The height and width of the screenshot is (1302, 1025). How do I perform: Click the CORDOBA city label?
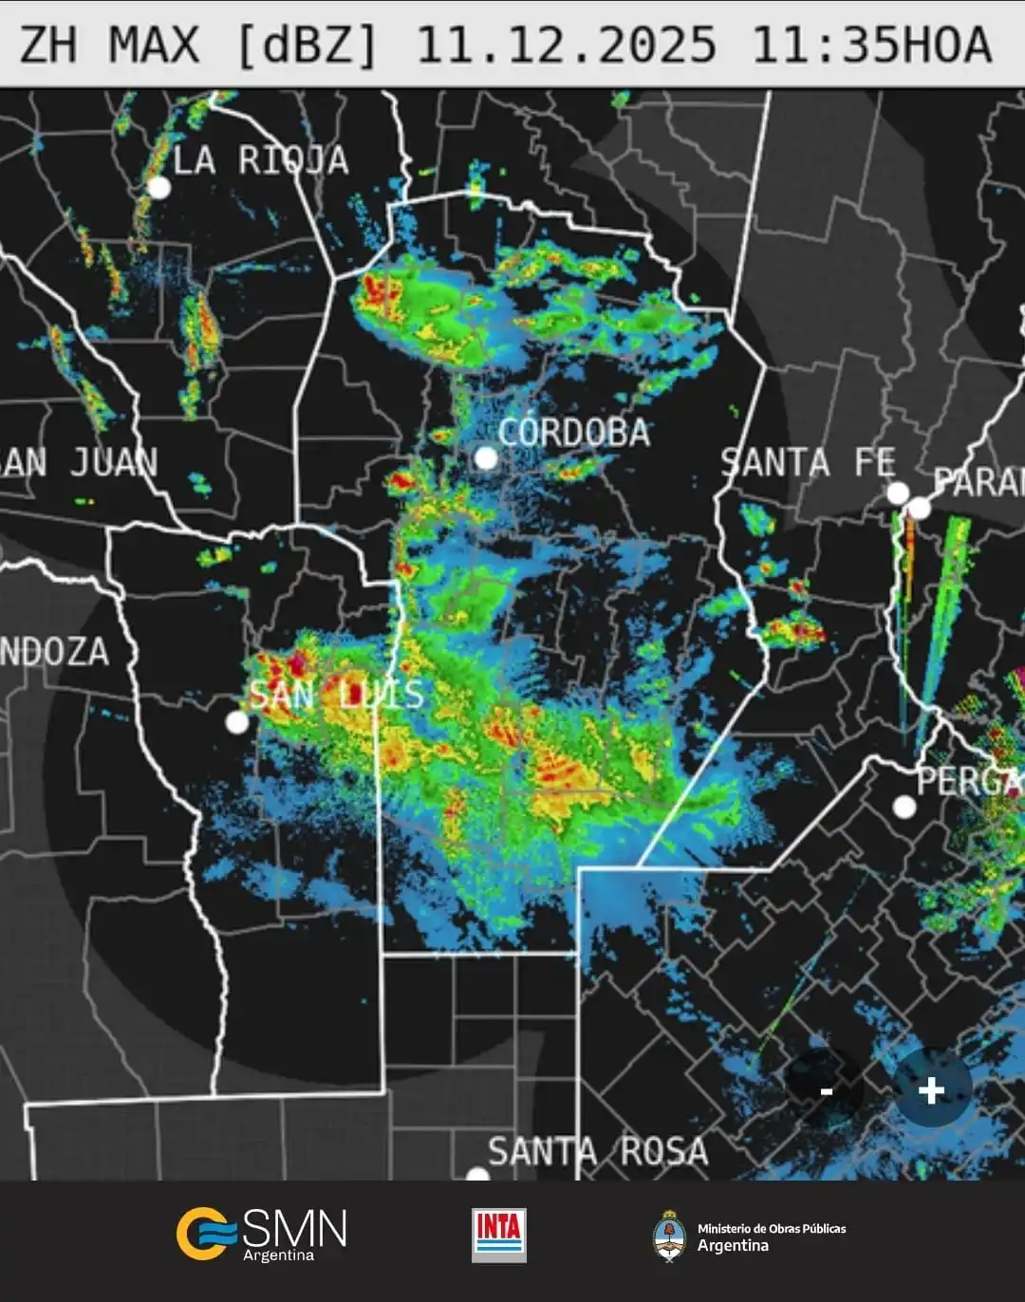[x=574, y=433]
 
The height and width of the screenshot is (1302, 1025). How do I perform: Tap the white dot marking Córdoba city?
[x=486, y=458]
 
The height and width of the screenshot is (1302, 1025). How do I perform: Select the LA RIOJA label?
[x=261, y=159]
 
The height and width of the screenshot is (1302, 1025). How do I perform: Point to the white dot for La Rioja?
[x=158, y=187]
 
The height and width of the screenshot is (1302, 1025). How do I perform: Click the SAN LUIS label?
[x=336, y=695]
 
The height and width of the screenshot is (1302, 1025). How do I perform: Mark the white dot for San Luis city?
[x=237, y=722]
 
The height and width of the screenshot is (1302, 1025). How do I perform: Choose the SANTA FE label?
[x=808, y=463]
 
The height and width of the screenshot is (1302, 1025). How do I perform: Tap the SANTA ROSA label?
[x=598, y=1152]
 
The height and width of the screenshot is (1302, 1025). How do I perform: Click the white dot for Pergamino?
[x=904, y=807]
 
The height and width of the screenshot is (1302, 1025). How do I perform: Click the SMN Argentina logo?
[x=261, y=1234]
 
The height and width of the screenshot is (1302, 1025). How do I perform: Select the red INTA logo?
[x=498, y=1235]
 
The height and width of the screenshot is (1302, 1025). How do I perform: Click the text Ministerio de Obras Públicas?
[x=772, y=1228]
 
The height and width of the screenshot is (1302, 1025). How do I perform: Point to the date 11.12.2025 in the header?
[x=566, y=45]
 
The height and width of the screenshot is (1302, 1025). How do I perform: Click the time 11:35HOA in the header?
[x=871, y=45]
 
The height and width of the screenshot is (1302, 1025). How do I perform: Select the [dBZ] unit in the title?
[x=307, y=45]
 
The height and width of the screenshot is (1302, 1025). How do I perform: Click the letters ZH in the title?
[x=47, y=45]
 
